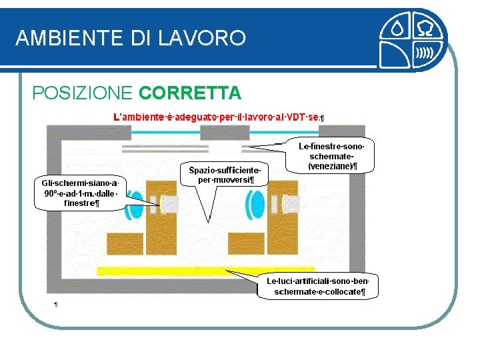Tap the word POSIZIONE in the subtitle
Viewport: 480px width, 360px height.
pyautogui.click(x=83, y=92)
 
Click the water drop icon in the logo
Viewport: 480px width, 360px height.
pyautogui.click(x=397, y=29)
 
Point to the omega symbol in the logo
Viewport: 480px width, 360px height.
pyautogui.click(x=425, y=29)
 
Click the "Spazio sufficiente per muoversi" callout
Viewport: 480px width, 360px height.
pyautogui.click(x=224, y=175)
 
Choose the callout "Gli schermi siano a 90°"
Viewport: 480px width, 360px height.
pyautogui.click(x=80, y=193)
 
